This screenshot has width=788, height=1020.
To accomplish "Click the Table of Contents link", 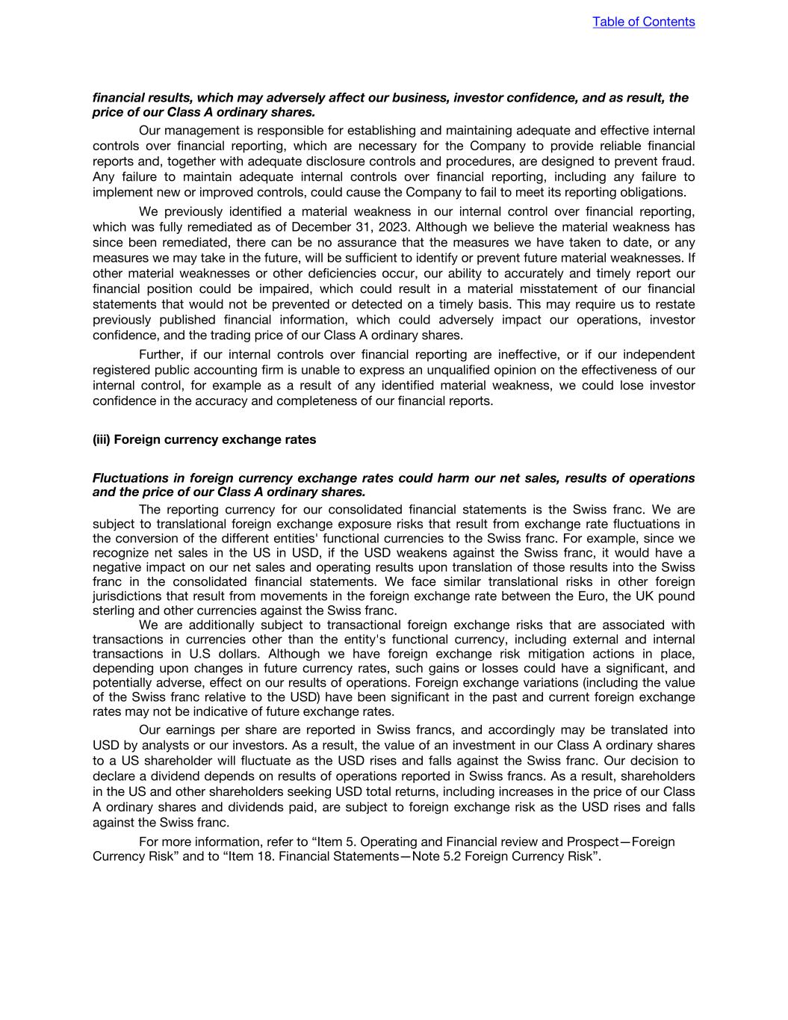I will coord(643,22).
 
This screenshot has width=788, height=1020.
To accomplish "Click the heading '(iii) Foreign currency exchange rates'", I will coord(204,439).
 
